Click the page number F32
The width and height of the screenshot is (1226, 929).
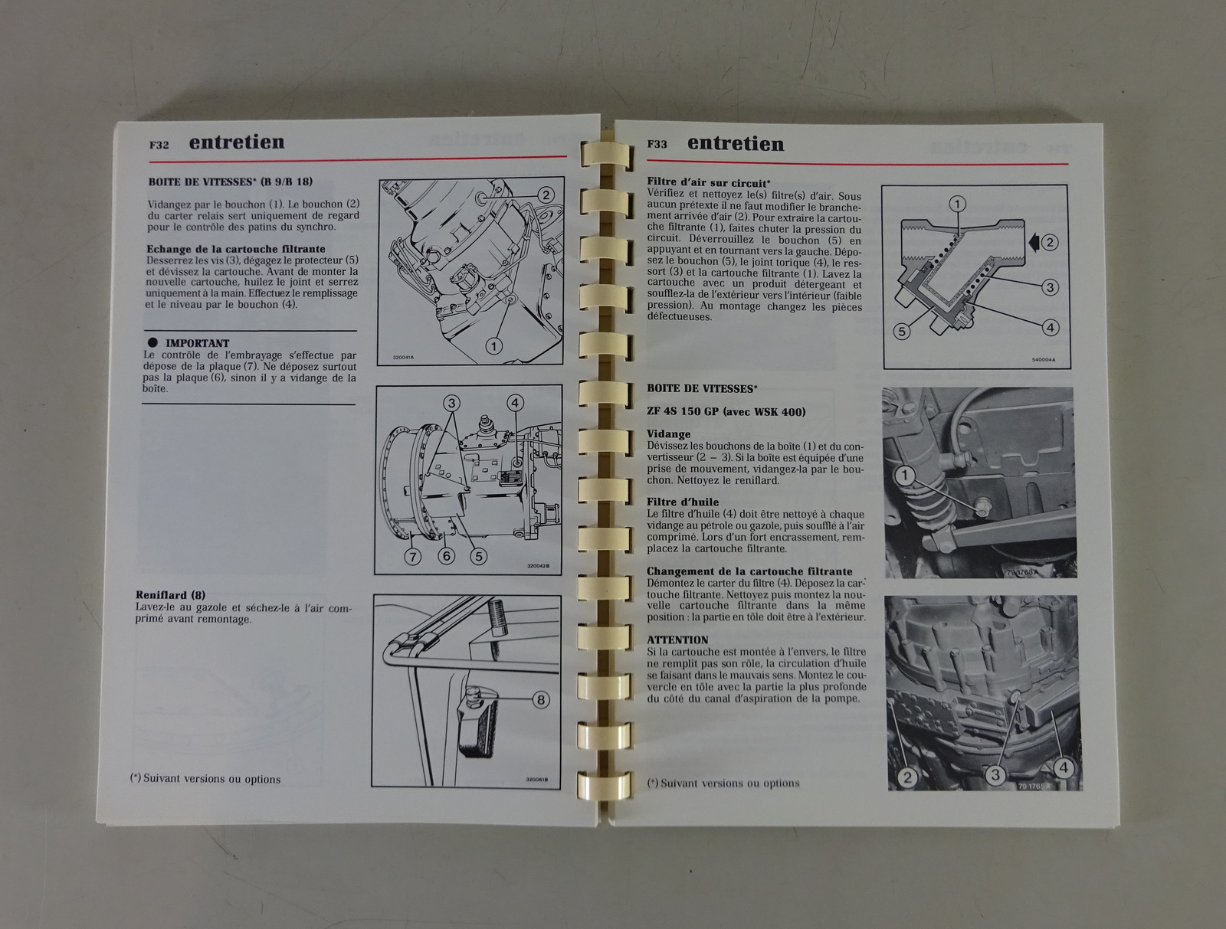(159, 146)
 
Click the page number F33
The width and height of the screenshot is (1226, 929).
(657, 144)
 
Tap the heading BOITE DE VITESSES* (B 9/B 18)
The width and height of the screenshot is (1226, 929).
(230, 182)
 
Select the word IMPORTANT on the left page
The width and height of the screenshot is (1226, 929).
(197, 343)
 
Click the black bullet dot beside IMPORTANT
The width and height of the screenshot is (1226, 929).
(152, 342)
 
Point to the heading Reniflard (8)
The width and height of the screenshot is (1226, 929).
(170, 595)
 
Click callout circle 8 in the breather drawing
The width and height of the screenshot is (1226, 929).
(540, 699)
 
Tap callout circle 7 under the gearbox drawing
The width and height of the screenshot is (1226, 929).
(413, 557)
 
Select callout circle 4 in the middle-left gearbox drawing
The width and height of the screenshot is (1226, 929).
(515, 403)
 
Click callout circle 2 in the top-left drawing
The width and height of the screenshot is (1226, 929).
(546, 195)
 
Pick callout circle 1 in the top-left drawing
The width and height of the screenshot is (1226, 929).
(493, 347)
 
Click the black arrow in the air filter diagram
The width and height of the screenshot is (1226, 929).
(1034, 242)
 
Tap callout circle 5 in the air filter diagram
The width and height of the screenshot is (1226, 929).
(901, 332)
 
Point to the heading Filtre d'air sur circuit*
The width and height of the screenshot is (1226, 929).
(709, 182)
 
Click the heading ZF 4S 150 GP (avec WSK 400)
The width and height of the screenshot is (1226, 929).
(726, 412)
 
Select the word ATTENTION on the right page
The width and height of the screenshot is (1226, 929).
(677, 640)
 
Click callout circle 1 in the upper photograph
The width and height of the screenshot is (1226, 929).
(905, 476)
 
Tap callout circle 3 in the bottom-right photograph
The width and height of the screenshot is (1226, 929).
(995, 775)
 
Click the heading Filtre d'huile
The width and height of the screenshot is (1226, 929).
(683, 502)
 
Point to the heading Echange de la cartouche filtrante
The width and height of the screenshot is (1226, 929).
(236, 249)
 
